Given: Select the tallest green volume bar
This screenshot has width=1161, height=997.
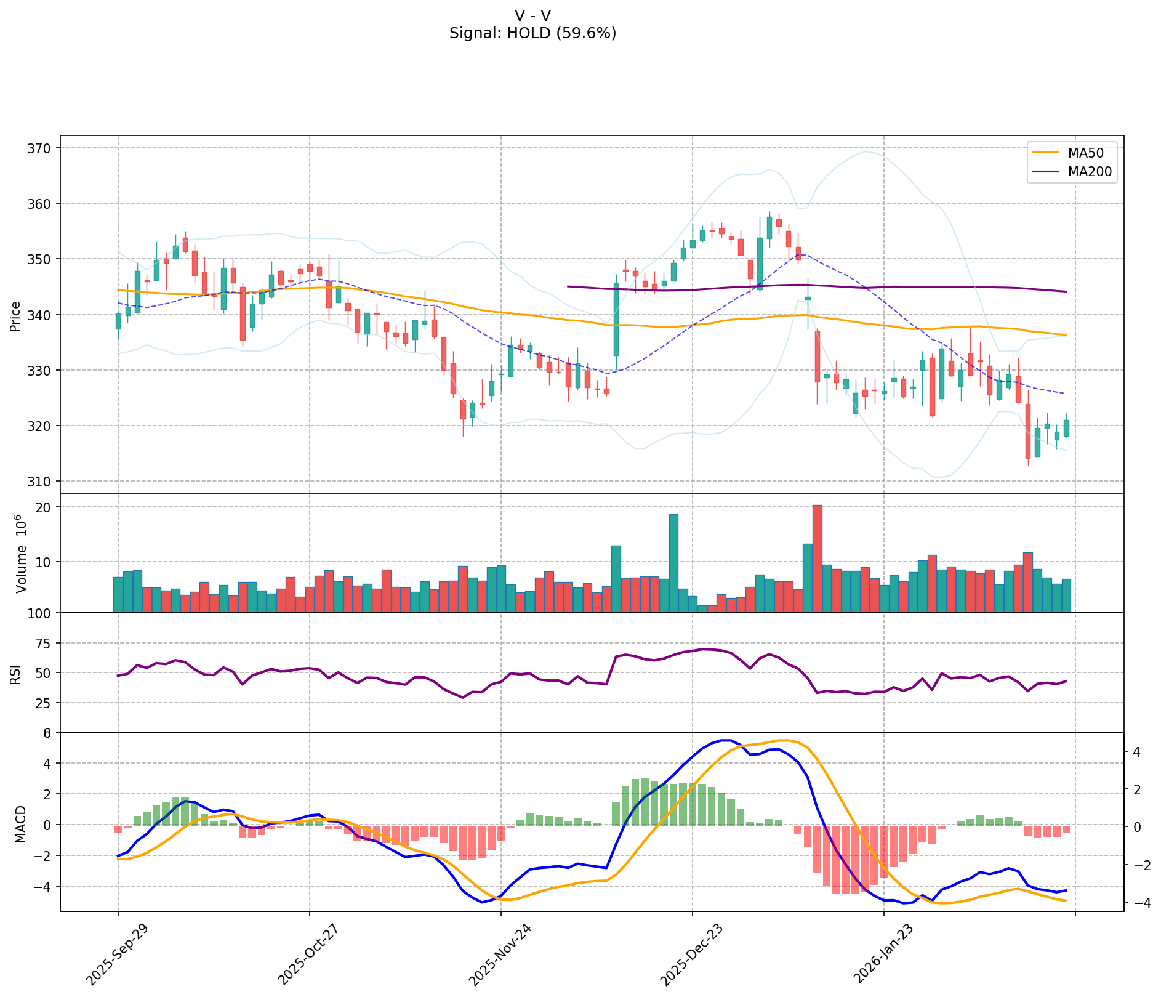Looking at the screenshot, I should coord(673,563).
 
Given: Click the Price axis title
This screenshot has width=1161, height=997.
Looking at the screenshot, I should coord(16,316).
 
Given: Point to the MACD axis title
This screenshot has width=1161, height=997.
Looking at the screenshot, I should coord(20,824).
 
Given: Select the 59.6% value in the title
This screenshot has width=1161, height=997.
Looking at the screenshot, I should coord(587,33).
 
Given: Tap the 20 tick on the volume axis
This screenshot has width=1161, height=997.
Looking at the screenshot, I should coord(45,507).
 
